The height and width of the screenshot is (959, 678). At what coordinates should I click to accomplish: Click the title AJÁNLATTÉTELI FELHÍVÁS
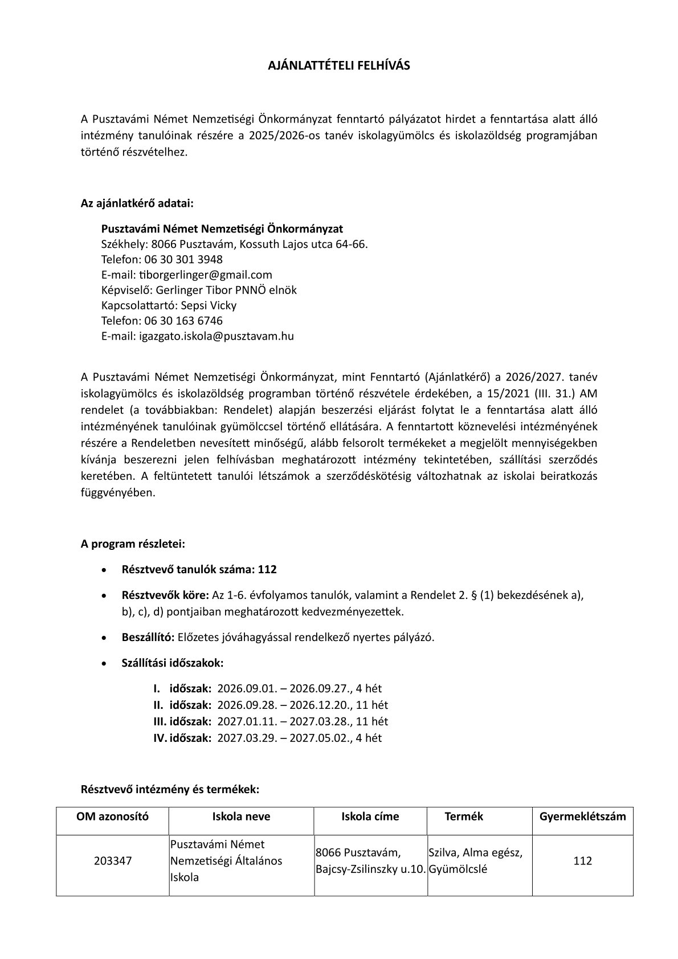(x=339, y=66)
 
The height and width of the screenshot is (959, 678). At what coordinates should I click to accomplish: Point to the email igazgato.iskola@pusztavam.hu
(x=217, y=336)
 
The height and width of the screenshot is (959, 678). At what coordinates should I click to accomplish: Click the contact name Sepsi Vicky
(x=209, y=305)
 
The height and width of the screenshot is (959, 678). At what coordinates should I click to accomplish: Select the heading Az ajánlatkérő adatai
(x=137, y=203)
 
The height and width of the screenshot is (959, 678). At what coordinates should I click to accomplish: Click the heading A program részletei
(x=133, y=544)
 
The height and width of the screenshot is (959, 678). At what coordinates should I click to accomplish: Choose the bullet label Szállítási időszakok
(x=173, y=663)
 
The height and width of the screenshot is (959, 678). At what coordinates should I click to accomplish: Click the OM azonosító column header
(x=112, y=816)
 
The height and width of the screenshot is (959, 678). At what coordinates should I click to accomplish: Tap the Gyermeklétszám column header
(x=582, y=816)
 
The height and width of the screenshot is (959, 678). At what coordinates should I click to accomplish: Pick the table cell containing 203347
(x=112, y=860)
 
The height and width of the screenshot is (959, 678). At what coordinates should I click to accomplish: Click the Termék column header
(x=464, y=816)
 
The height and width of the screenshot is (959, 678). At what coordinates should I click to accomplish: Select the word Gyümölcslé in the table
(x=458, y=870)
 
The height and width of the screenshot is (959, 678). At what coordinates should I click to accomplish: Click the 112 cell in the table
(x=582, y=860)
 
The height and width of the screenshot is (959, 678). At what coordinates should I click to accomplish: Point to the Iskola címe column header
(x=370, y=816)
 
